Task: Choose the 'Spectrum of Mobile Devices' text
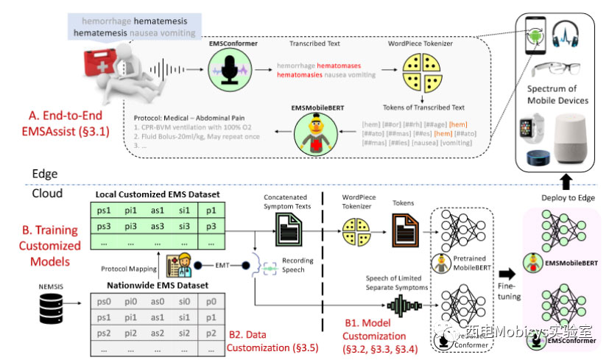[558, 94]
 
